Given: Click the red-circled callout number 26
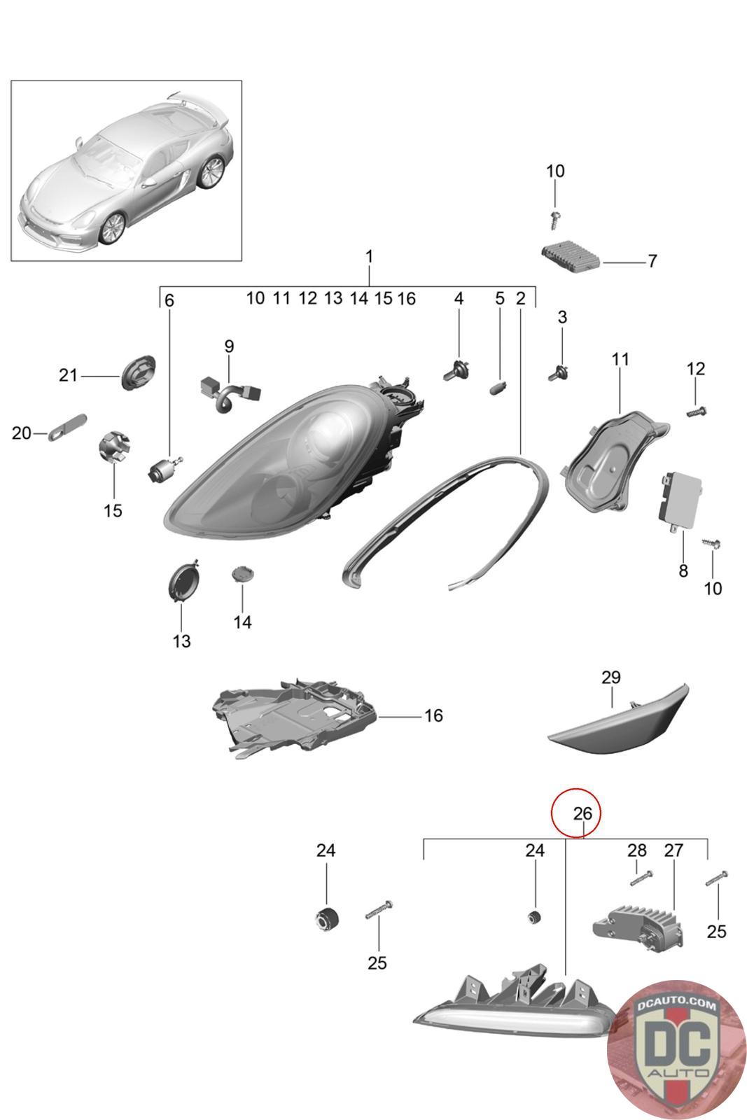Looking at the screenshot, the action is pos(582,813).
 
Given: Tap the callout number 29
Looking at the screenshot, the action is pos(611,678).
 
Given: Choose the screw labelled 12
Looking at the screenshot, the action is pos(697,411).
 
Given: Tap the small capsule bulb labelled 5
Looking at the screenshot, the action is pos(499,387).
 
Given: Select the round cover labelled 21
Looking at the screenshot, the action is pos(137,374).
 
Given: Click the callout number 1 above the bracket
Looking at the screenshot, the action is pos(369,257).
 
